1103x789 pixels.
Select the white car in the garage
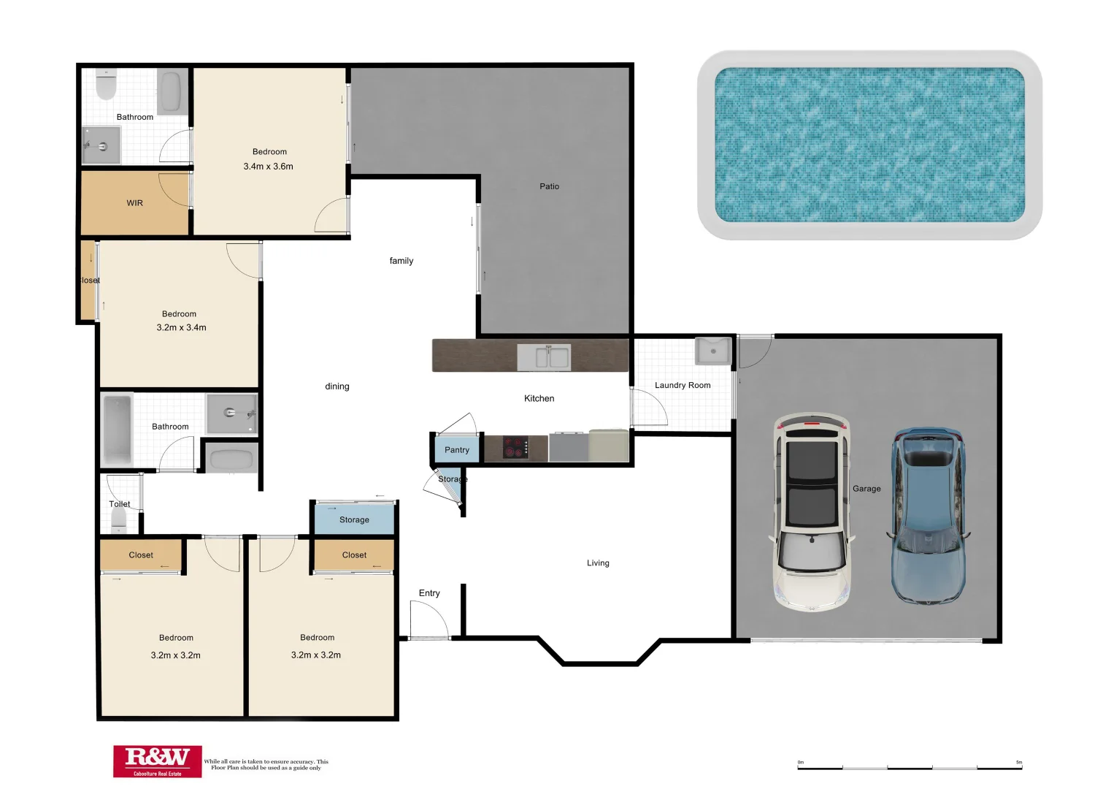click(812, 513)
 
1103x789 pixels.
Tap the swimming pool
click(869, 145)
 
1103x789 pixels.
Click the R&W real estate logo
click(157, 761)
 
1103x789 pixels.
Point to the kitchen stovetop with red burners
click(516, 448)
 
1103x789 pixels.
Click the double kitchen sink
click(545, 357)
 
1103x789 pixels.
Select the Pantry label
click(457, 450)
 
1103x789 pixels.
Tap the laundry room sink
click(712, 351)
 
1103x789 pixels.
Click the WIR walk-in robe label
click(135, 203)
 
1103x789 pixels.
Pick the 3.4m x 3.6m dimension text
click(269, 167)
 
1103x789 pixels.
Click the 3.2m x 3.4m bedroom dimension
click(181, 328)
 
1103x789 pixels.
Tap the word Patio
click(549, 186)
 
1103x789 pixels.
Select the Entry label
click(429, 593)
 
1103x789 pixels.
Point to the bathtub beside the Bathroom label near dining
click(117, 429)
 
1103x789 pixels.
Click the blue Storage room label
click(354, 520)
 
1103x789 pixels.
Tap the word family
click(401, 261)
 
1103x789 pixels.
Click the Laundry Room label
click(683, 385)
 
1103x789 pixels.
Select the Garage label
click(866, 489)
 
